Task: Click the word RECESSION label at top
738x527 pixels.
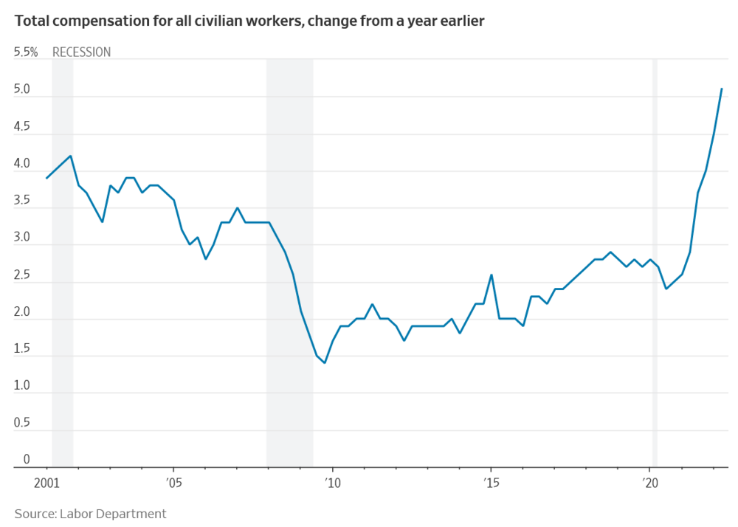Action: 81,52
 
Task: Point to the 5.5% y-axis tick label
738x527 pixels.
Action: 26,52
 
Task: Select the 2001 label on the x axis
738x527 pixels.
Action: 46,483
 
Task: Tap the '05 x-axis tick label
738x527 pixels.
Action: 173,483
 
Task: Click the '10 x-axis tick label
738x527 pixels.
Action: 332,483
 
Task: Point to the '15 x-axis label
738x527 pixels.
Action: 491,483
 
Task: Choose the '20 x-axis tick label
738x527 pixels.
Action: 649,483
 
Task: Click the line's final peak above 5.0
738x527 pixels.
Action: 722,89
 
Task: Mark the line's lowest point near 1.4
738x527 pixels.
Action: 325,362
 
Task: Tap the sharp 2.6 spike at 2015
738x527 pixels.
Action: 492,275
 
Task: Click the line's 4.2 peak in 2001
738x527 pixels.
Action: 71,156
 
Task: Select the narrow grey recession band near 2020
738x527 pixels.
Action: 655,258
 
